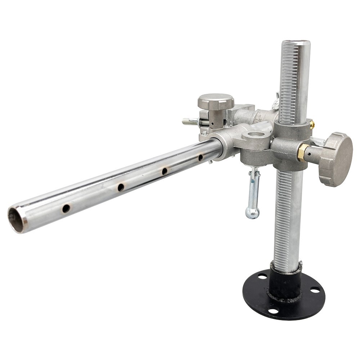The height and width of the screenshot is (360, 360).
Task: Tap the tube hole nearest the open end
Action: tap(66, 208)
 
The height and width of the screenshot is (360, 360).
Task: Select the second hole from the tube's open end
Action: tap(121, 187)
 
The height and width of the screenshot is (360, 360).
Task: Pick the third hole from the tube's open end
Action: tap(165, 171)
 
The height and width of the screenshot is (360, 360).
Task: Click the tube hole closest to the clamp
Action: tap(201, 158)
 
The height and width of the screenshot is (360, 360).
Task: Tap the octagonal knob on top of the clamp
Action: tap(216, 101)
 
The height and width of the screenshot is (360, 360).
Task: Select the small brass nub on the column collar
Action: tap(311, 125)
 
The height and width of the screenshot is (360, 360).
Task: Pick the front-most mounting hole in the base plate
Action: tap(274, 311)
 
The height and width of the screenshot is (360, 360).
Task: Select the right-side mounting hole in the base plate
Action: tap(315, 290)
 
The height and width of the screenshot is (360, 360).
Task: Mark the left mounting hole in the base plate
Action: tap(262, 276)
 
